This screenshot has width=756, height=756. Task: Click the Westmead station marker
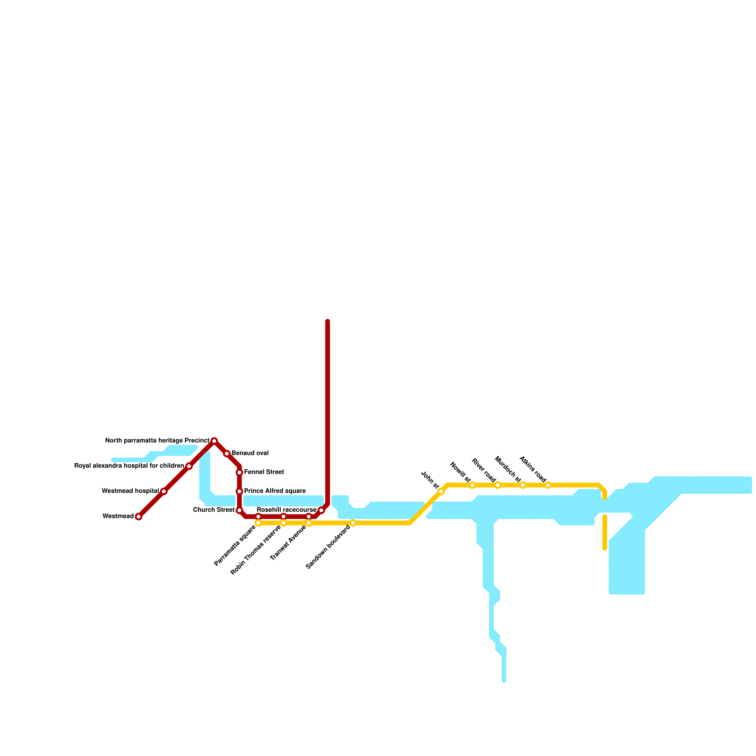click(x=138, y=516)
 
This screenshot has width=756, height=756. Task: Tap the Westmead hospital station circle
click(x=163, y=491)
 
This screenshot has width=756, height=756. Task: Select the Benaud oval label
click(x=250, y=454)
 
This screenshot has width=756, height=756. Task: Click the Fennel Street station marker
click(x=240, y=472)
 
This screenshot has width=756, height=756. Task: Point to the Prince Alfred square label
click(x=275, y=491)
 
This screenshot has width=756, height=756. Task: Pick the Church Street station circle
click(x=240, y=510)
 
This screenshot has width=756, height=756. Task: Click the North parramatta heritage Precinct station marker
click(x=214, y=441)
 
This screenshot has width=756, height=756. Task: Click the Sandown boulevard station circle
click(x=353, y=523)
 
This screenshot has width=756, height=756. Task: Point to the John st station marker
click(x=441, y=491)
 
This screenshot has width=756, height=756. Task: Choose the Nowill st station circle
click(x=472, y=485)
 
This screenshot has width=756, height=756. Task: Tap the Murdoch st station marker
click(x=523, y=485)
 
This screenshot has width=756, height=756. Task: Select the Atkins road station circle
click(x=548, y=485)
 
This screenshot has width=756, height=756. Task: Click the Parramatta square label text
click(x=235, y=545)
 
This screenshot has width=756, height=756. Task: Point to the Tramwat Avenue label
click(x=288, y=543)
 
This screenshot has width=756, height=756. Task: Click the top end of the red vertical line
click(x=327, y=322)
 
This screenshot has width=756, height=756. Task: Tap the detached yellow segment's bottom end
click(x=605, y=548)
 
